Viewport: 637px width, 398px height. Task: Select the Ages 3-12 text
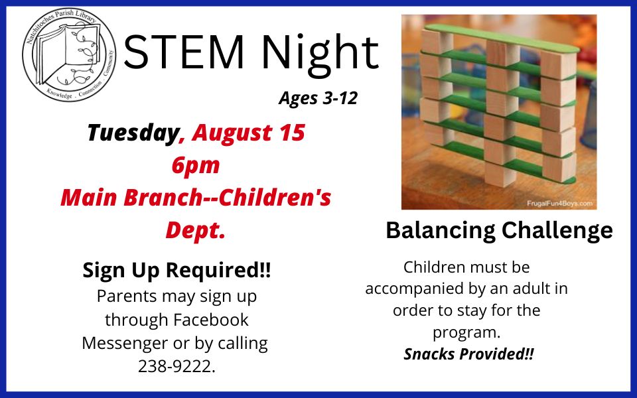click(318, 99)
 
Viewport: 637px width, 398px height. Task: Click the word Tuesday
click(133, 133)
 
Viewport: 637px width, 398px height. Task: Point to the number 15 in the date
click(291, 133)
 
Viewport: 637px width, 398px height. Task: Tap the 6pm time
click(195, 165)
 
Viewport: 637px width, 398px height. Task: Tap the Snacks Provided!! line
click(468, 354)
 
